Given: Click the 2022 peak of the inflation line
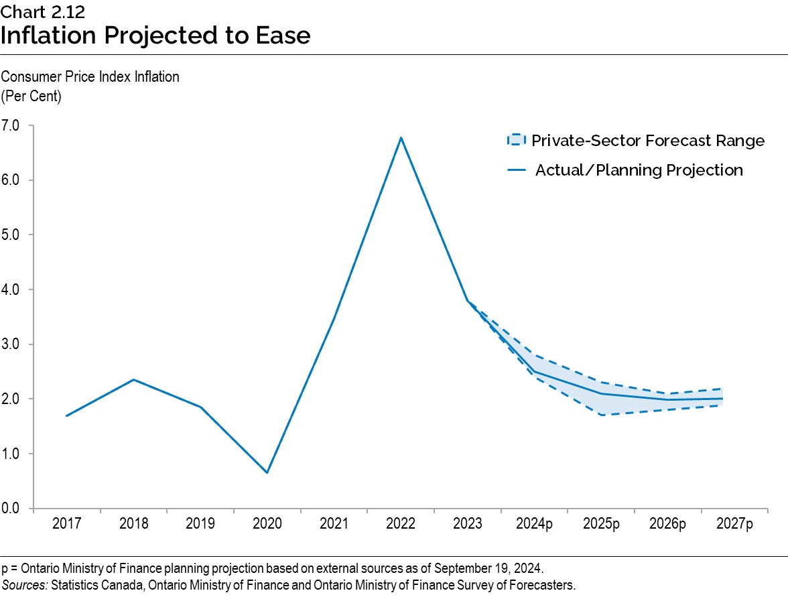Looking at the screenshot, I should (x=401, y=137).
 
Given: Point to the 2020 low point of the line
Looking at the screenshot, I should (x=267, y=473).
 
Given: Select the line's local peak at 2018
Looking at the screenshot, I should (x=134, y=380).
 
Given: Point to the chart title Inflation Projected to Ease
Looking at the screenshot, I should (x=155, y=35).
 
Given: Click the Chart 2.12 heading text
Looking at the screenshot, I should (x=42, y=11).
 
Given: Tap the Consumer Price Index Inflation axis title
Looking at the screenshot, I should (x=90, y=76).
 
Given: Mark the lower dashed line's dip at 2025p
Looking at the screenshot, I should (x=601, y=415).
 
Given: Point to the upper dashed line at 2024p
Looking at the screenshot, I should (x=534, y=355).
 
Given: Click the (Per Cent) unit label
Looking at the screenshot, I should (x=31, y=95).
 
